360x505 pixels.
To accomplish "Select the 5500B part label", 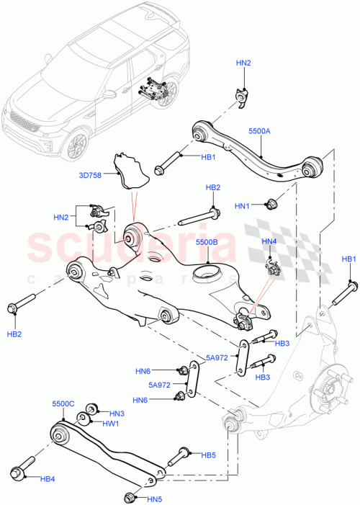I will tap(207, 243).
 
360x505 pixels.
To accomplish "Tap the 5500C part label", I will tap(63, 404).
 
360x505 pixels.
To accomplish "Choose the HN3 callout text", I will tap(117, 414).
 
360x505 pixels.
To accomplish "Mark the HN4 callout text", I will tap(269, 241).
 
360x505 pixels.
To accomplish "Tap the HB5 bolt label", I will tap(208, 455).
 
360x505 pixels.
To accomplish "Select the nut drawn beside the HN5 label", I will tap(130, 496).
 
